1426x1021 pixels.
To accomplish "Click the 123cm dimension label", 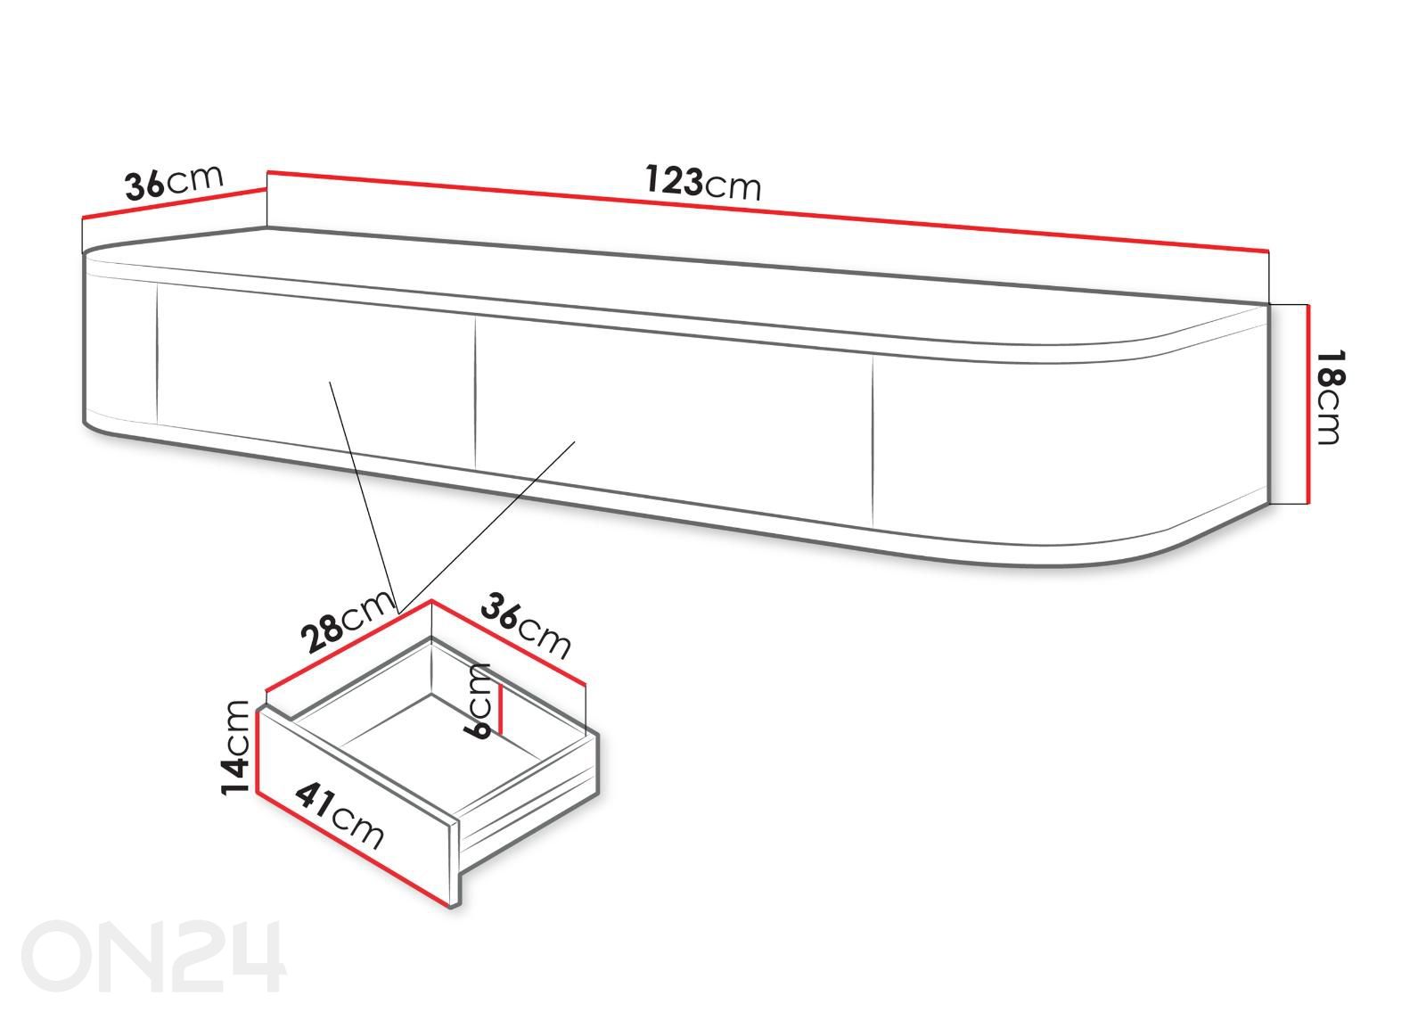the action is click(x=703, y=182).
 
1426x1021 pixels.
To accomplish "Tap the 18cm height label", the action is click(x=1329, y=396).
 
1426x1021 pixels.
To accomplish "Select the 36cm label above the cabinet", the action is click(x=174, y=182).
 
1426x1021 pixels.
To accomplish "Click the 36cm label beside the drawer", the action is click(x=527, y=625).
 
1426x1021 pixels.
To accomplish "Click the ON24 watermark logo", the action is click(x=153, y=956).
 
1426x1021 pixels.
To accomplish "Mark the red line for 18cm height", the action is click(x=1308, y=404).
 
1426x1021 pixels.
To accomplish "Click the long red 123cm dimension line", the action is click(x=767, y=210).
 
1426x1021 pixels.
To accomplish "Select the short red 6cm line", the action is click(x=501, y=709).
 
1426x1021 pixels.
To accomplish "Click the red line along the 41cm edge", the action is click(x=353, y=848).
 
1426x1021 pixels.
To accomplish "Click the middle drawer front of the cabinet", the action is click(x=674, y=420).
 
